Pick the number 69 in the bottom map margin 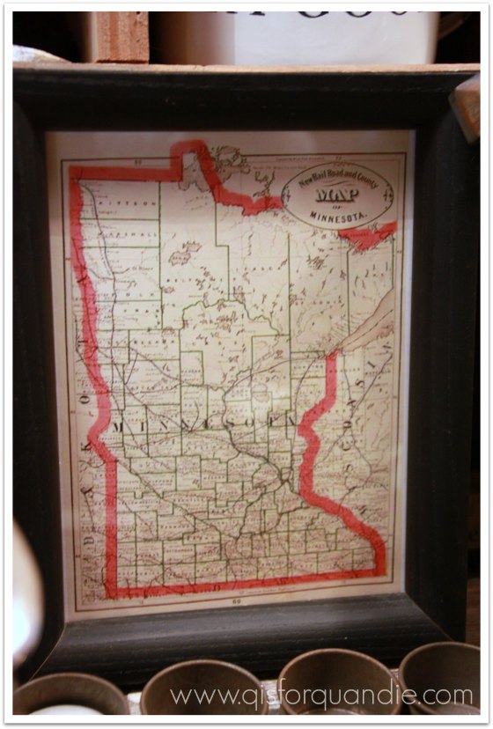(x=239, y=602)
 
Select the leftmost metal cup (x=70, y=696)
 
